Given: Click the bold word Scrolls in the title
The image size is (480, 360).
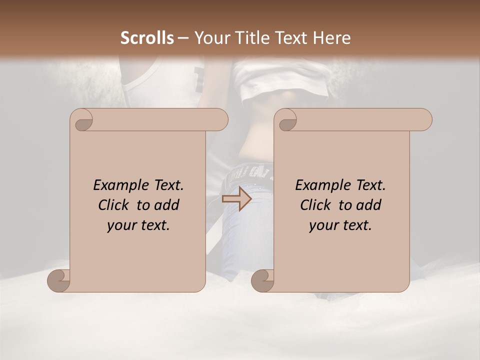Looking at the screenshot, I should tap(147, 38).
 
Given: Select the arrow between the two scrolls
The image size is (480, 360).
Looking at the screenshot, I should tap(236, 199).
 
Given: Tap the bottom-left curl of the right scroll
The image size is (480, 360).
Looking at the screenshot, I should tap(263, 281).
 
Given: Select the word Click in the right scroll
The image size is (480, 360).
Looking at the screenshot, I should tap(316, 205).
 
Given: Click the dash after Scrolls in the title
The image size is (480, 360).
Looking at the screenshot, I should tap(183, 38).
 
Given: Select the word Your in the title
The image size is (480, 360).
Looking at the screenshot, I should tap(209, 38).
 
